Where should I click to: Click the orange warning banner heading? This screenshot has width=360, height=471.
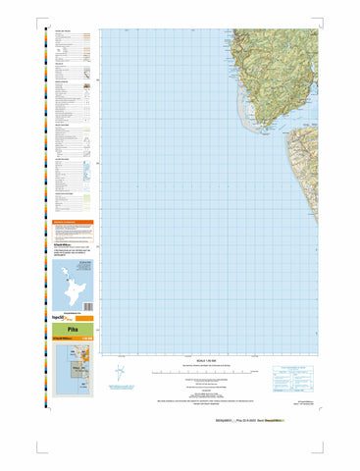pyautogui.click(x=71, y=223)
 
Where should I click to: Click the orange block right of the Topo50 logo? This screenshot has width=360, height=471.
pyautogui.click(x=85, y=318)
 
